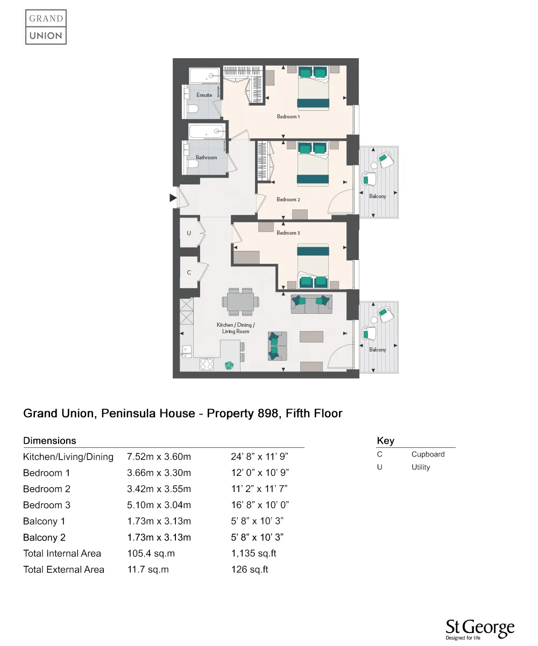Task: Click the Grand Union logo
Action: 46,27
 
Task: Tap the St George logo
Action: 479,629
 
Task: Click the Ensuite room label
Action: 204,95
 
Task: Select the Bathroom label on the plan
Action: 206,158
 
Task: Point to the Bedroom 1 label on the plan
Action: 288,117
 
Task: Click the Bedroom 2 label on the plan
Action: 288,200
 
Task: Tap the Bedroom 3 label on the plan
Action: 288,233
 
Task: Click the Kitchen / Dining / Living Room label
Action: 236,328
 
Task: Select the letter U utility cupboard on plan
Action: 189,234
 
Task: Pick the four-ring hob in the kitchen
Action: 207,364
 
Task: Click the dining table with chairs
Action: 240,302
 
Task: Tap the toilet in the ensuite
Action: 193,110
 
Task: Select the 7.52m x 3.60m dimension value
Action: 159,457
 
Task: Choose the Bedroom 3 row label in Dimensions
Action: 47,505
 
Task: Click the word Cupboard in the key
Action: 428,454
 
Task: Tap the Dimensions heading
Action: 49,441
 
